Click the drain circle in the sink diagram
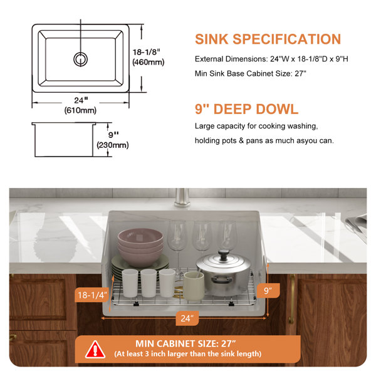(81, 60)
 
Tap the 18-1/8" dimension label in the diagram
(146, 52)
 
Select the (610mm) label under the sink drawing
(80, 110)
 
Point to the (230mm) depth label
(113, 145)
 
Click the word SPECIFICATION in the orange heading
(287, 39)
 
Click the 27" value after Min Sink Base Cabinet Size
(300, 73)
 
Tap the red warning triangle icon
(95, 349)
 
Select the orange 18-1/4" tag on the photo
(92, 295)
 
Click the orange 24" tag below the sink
(187, 318)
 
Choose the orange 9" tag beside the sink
(268, 291)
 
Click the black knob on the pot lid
(224, 254)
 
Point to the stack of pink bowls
(140, 247)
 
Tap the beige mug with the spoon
(194, 286)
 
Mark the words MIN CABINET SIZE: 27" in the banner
(186, 343)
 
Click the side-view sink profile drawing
(64, 140)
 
